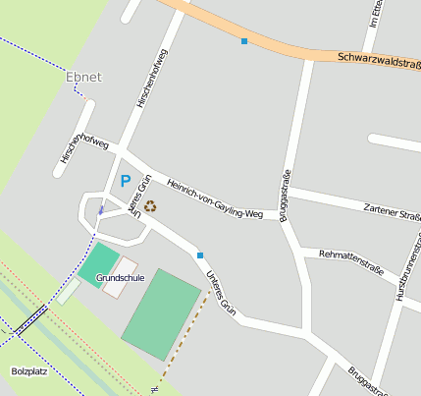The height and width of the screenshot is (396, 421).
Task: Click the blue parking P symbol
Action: (x=125, y=181)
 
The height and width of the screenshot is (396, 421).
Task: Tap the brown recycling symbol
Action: (x=150, y=205)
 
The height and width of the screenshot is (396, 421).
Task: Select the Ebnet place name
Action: (x=83, y=77)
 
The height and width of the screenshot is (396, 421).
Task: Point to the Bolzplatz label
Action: (x=29, y=371)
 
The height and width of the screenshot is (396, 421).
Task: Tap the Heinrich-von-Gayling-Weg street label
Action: (x=215, y=198)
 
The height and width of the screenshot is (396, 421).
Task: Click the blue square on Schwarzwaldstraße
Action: (x=243, y=41)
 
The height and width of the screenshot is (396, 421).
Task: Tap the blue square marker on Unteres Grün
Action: (x=200, y=255)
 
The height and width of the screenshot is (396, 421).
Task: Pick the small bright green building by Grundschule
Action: (x=97, y=262)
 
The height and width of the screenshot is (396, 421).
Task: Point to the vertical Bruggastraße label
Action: (x=287, y=197)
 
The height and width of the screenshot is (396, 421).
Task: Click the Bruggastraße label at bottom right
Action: (x=368, y=380)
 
